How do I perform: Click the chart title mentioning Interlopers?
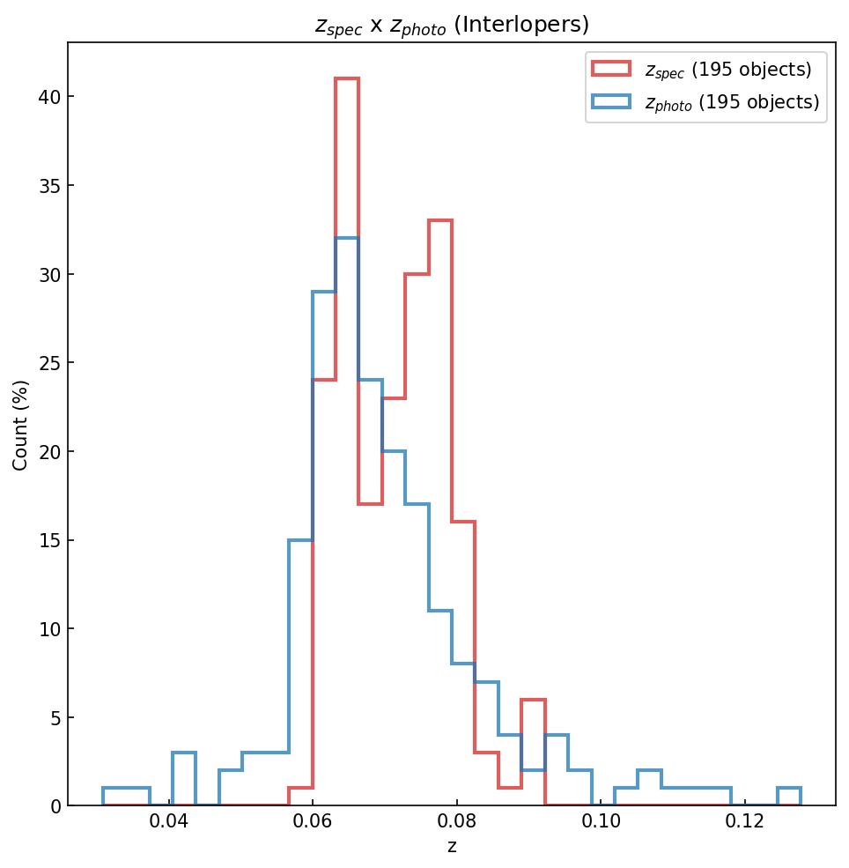[x=452, y=25]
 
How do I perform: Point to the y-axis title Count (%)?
[x=21, y=425]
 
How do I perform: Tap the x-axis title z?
[x=452, y=848]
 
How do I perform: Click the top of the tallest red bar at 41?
[x=347, y=78]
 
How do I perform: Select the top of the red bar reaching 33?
[x=440, y=220]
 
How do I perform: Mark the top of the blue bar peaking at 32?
[x=347, y=238]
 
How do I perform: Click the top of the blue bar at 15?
[x=300, y=540]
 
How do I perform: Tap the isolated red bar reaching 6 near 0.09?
[x=533, y=701]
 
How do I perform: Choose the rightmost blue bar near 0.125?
[x=788, y=788]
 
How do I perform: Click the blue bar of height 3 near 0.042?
[x=184, y=753]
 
